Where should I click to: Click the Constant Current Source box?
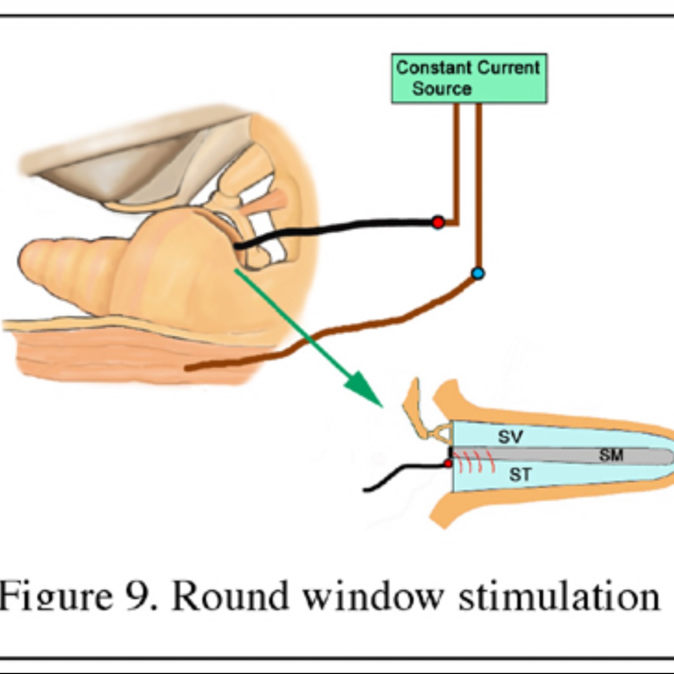pyautogui.click(x=469, y=78)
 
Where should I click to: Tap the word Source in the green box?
pyautogui.click(x=441, y=89)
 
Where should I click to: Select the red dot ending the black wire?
pyautogui.click(x=438, y=222)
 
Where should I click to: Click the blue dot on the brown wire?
pyautogui.click(x=478, y=273)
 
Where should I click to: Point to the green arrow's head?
pyautogui.click(x=368, y=391)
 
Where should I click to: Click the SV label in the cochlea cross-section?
pyautogui.click(x=510, y=437)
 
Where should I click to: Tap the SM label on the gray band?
pyautogui.click(x=611, y=455)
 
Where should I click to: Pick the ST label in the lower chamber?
pyautogui.click(x=520, y=475)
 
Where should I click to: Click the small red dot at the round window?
pyautogui.click(x=448, y=464)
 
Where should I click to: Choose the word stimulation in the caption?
pyautogui.click(x=558, y=596)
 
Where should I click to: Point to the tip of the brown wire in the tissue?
pyautogui.click(x=188, y=369)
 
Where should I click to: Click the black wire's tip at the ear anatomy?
pyautogui.click(x=236, y=246)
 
